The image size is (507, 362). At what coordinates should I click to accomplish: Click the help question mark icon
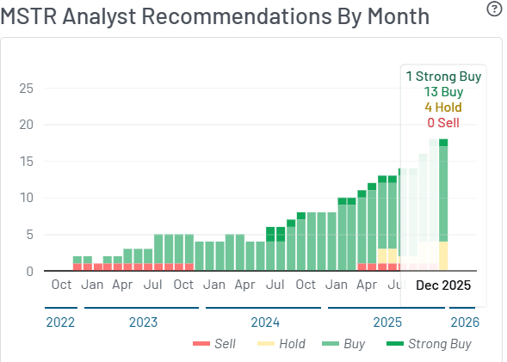click(x=493, y=9)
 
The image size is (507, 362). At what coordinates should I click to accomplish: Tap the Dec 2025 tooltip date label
click(x=443, y=285)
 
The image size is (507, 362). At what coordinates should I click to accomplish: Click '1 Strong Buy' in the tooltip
click(x=443, y=77)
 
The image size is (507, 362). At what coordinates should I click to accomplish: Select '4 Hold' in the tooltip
click(x=443, y=107)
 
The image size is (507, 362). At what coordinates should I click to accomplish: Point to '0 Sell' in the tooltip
click(x=443, y=123)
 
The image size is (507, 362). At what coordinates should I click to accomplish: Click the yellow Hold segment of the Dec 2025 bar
click(x=443, y=255)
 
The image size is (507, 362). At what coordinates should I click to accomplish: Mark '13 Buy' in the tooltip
click(x=443, y=92)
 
